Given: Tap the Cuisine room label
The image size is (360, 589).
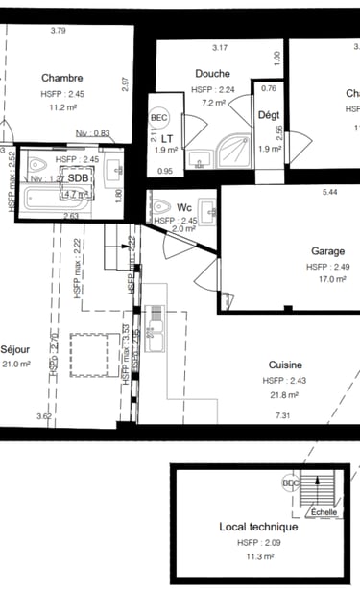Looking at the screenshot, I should point(286,365).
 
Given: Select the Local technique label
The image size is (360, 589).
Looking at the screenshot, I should point(258,527).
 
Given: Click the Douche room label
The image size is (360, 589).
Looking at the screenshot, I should point(212,74).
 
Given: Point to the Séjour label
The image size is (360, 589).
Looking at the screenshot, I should point(16,349).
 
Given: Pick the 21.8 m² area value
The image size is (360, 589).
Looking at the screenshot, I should point(285,394).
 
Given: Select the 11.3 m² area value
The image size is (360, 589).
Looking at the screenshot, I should point(259,554).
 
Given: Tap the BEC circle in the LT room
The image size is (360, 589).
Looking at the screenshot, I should point(158,118).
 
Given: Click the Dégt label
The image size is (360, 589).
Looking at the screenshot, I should point(270,115).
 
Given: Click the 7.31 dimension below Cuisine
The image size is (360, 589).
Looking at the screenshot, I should point(282,415).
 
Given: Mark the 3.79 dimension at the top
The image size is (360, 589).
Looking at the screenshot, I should point(58,31).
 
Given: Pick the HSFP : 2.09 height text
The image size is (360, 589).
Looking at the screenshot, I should point(258,541).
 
